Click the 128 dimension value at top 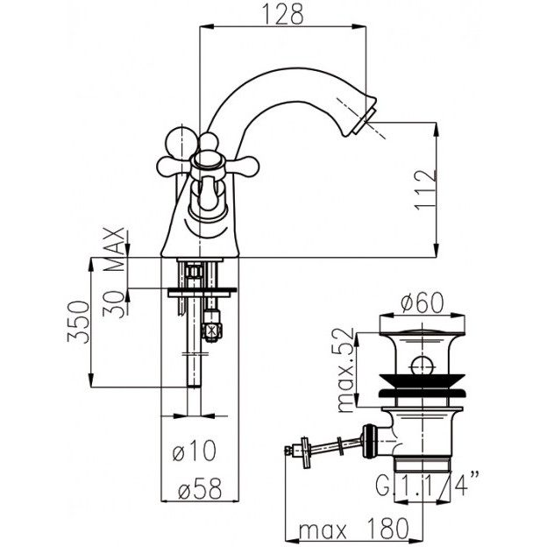283,14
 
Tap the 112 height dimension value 426,189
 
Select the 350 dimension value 79,322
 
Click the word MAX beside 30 115,249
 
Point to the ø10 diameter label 195,451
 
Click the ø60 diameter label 423,302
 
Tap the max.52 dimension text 346,370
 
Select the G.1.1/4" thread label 428,483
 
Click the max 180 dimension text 353,529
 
